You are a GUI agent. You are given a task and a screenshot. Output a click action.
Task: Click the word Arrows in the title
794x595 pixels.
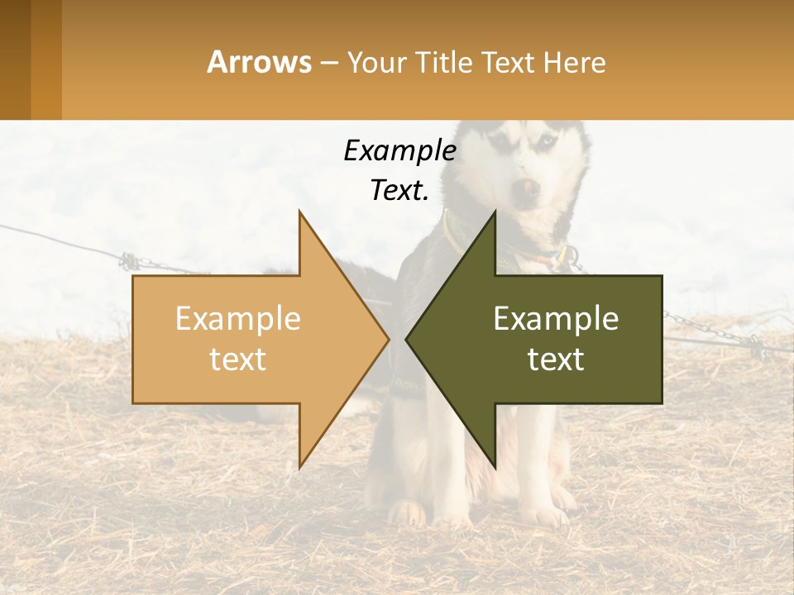click(260, 62)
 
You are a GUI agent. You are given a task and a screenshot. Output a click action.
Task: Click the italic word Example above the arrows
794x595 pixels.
click(399, 150)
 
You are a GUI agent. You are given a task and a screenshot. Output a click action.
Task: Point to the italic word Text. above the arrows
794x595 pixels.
click(399, 190)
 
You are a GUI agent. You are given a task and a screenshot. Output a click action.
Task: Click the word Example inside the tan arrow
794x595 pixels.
click(237, 318)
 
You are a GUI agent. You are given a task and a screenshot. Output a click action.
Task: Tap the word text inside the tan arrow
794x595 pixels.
click(237, 359)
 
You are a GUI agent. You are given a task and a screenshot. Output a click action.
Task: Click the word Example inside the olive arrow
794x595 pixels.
click(556, 318)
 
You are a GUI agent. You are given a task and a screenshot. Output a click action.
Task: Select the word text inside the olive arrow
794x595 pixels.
click(556, 359)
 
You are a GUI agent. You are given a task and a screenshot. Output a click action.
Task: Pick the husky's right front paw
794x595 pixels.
click(407, 514)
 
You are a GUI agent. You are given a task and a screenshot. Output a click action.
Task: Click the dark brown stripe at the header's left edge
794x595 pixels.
click(15, 59)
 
